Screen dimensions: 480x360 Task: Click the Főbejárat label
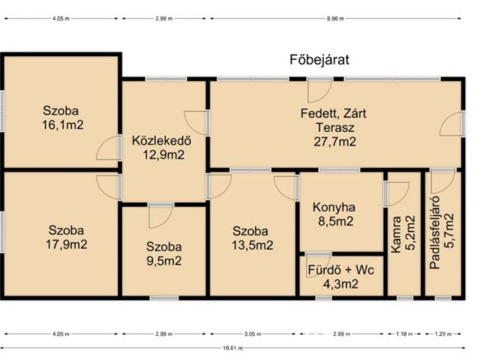[x=319, y=60]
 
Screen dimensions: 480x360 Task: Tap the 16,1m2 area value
[x=63, y=125]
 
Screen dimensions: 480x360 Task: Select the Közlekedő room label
[x=162, y=140]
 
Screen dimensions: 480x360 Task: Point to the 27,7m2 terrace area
[x=334, y=142]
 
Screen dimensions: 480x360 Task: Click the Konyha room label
[x=334, y=208]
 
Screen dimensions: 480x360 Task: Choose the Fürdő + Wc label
[x=340, y=270]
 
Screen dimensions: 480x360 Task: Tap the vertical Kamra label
[x=397, y=235]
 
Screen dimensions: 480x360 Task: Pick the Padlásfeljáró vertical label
[x=435, y=232]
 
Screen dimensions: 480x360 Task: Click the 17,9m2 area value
[x=67, y=244]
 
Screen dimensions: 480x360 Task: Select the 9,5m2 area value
[x=164, y=261]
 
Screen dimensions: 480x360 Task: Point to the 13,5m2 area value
[x=252, y=245]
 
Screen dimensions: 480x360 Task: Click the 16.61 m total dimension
[x=233, y=348]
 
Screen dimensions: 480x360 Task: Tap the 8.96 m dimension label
[x=335, y=18]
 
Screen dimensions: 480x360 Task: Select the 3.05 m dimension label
[x=253, y=334]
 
